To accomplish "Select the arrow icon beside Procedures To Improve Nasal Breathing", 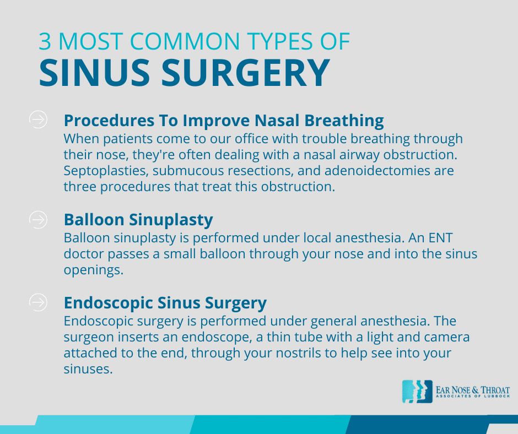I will [x=37, y=119].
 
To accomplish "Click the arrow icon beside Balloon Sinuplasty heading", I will [x=37, y=219].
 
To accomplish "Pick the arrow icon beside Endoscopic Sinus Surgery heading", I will [x=37, y=302].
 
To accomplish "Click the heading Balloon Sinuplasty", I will [x=138, y=220].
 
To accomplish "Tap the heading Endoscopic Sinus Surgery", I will [x=165, y=302].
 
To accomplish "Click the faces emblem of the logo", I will [x=417, y=391].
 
